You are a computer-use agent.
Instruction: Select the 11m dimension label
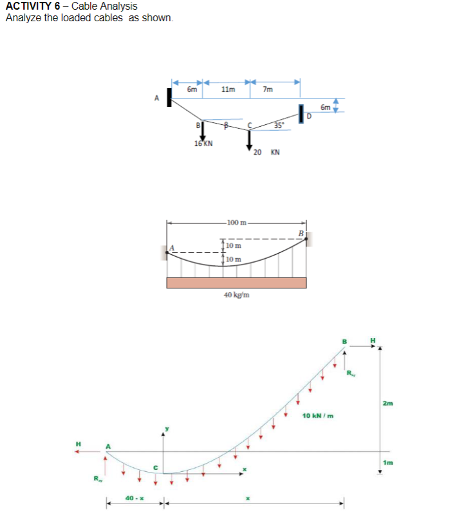coord(227,90)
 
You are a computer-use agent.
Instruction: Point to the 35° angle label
coord(278,125)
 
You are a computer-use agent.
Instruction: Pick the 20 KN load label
coord(266,152)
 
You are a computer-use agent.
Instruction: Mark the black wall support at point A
coord(169,97)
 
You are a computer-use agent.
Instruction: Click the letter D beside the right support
coord(308,117)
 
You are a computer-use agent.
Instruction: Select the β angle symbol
coord(225,124)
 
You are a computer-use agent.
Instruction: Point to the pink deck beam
coord(236,283)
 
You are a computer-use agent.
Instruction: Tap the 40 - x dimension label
coord(134,498)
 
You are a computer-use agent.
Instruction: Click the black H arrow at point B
coord(364,346)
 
